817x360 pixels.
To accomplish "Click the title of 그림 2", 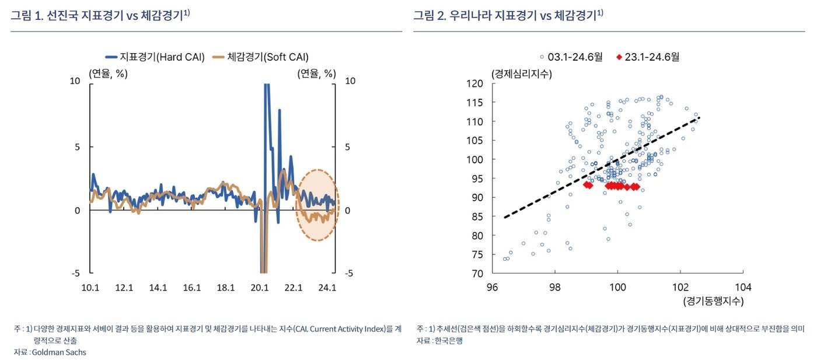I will (x=508, y=16).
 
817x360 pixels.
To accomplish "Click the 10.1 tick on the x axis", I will (x=90, y=287).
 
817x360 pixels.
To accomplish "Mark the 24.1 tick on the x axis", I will (x=326, y=287).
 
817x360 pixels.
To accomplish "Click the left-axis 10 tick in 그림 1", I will (x=75, y=81).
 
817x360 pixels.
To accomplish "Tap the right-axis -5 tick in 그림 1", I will (x=350, y=273).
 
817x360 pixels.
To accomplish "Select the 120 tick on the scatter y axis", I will (x=475, y=83).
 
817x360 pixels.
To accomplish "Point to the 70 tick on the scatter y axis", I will (x=477, y=273).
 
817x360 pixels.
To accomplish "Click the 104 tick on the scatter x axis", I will (x=743, y=286).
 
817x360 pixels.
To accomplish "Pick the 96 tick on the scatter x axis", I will (x=492, y=286).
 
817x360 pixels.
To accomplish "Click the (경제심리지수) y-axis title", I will (x=522, y=74).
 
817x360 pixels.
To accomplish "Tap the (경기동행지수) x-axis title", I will (x=713, y=301).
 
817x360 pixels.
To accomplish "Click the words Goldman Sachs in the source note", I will (x=59, y=352).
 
